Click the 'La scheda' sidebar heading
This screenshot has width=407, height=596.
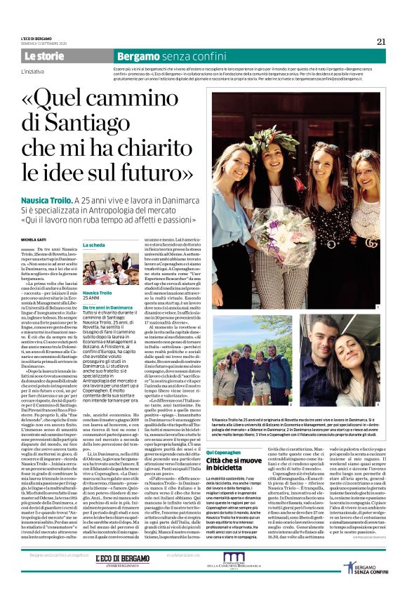[x=93, y=244]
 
